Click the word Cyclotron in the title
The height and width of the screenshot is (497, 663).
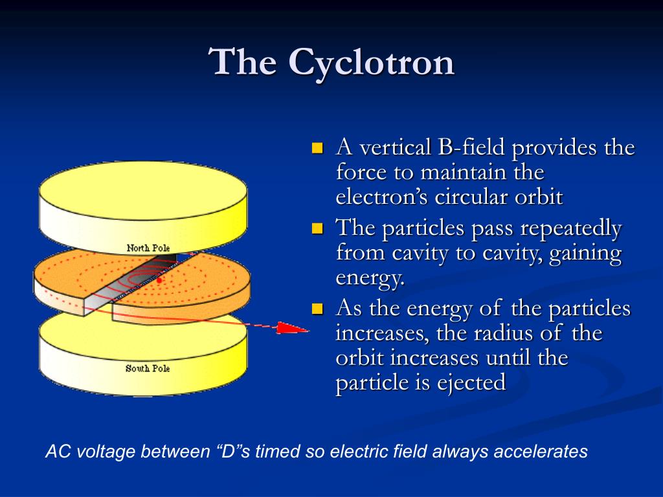pyautogui.click(x=371, y=63)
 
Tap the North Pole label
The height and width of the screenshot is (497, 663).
pyautogui.click(x=148, y=248)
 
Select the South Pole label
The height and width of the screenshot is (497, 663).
pyautogui.click(x=148, y=368)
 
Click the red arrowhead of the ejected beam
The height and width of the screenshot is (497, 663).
pyautogui.click(x=293, y=328)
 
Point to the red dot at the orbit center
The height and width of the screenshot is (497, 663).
pyautogui.click(x=159, y=280)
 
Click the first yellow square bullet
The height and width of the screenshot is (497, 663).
pyautogui.click(x=317, y=148)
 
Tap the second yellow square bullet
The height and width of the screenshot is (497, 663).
pyautogui.click(x=317, y=228)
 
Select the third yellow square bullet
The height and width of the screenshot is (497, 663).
pyautogui.click(x=317, y=309)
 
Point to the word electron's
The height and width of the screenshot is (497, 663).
pyautogui.click(x=382, y=197)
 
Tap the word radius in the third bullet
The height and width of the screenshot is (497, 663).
pyautogui.click(x=502, y=333)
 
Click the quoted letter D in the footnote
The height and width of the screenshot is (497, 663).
pyautogui.click(x=228, y=451)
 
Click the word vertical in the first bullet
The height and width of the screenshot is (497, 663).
pyautogui.click(x=395, y=148)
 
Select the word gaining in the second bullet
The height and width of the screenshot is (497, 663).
pyautogui.click(x=585, y=254)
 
